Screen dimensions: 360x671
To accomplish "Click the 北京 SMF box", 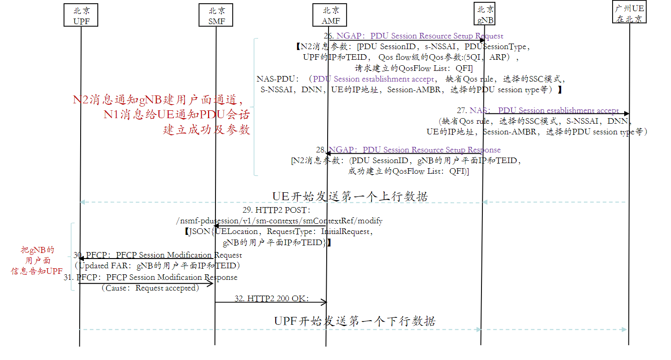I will tap(215, 15).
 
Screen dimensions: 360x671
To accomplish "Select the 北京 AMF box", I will tap(331, 15).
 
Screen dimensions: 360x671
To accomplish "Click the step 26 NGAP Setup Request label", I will tap(413, 36).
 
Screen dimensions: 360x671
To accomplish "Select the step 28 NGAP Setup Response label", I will tap(408, 150).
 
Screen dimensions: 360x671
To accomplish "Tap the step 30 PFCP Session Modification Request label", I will tap(158, 255).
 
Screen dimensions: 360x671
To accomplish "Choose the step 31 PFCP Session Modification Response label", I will tap(151, 277).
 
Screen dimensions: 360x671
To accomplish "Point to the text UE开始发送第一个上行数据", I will tap(350, 196).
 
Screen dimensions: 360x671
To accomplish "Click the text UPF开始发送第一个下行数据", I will tap(354, 321).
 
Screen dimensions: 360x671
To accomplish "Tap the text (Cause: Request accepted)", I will tap(150, 288).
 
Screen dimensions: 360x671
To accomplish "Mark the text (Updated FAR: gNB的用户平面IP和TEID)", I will tap(158, 265).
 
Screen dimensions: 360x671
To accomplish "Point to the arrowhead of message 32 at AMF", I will tap(324, 303).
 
